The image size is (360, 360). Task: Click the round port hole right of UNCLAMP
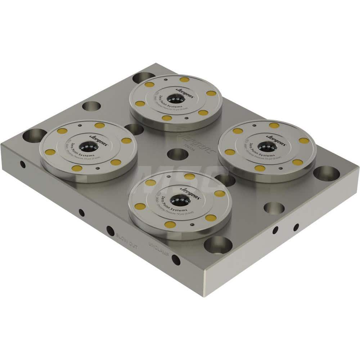point(176,259)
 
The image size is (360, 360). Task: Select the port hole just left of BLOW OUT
point(110,231)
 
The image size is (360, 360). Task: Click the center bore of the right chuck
point(266,146)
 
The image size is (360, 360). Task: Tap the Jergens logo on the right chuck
point(276,139)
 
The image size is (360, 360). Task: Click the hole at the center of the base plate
point(177,154)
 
